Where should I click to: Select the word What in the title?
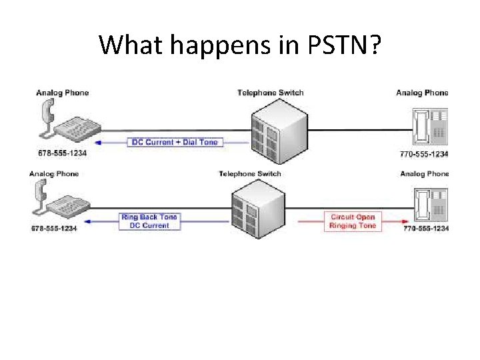(x=132, y=45)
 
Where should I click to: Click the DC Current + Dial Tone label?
(x=175, y=142)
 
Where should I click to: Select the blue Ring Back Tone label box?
(x=149, y=221)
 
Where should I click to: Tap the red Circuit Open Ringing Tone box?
(x=353, y=221)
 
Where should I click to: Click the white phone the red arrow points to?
(x=427, y=203)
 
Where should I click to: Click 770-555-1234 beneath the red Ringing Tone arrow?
(x=426, y=229)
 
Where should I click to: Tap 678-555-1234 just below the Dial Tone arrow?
(x=63, y=153)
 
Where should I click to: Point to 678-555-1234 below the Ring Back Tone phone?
(x=54, y=229)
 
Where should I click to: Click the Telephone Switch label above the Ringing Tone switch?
(x=250, y=174)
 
